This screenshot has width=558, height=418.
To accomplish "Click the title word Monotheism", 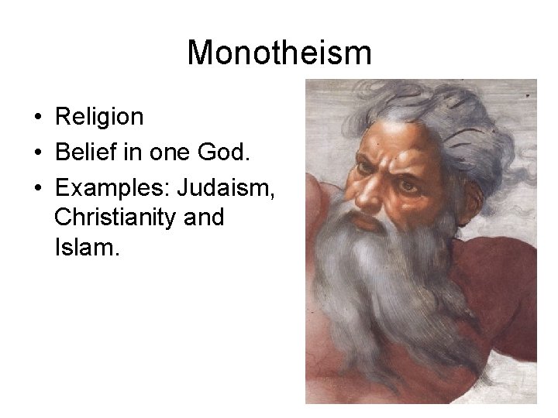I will pyautogui.click(x=279, y=53).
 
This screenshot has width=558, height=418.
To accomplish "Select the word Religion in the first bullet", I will pyautogui.click(x=99, y=117).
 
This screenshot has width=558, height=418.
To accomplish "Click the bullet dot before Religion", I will pyautogui.click(x=37, y=118).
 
